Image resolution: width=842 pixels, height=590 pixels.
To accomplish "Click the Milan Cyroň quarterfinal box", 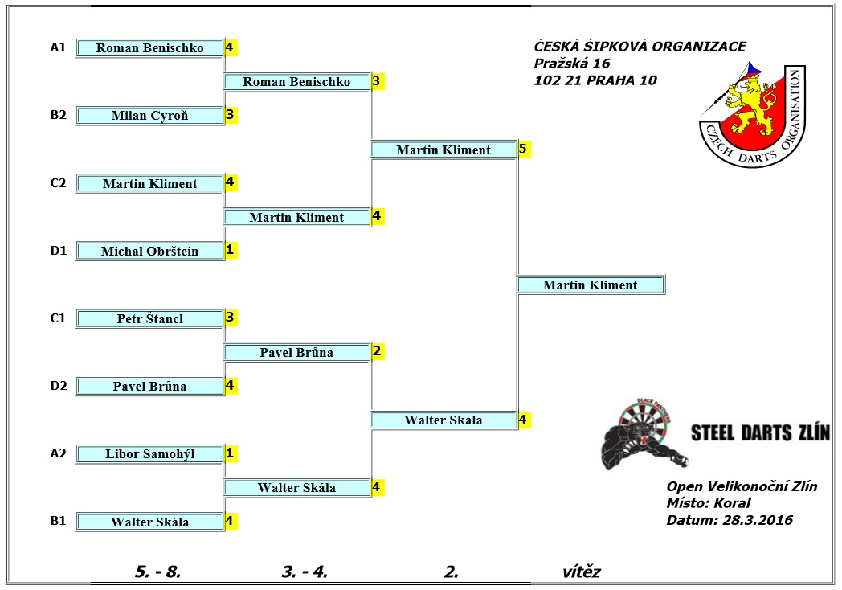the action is click(x=149, y=116).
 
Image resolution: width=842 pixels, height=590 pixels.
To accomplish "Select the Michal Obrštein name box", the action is click(x=149, y=251).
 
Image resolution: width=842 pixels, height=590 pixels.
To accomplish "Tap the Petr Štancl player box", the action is click(x=149, y=318).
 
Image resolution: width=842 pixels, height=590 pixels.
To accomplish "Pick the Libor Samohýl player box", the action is click(x=149, y=454).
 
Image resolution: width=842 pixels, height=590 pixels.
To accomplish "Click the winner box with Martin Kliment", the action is click(x=591, y=285).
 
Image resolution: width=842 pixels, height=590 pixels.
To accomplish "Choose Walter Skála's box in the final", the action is click(x=443, y=420).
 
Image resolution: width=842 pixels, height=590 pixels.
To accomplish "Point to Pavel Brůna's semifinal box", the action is click(x=296, y=353).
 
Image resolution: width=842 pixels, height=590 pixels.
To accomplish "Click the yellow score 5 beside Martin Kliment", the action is click(x=524, y=149).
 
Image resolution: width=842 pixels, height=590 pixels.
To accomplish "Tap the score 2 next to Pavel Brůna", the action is click(x=377, y=351).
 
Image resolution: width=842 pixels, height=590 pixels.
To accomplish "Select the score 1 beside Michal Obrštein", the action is click(x=231, y=250).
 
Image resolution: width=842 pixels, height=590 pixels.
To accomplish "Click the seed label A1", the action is click(x=58, y=47).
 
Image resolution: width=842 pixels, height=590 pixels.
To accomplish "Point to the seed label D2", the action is click(x=59, y=385).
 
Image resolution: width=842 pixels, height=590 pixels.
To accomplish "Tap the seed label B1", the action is click(x=58, y=521).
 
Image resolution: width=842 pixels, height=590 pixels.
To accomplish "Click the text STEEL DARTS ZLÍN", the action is click(x=760, y=432).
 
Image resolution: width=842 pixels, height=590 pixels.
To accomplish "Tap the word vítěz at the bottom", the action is click(x=582, y=572).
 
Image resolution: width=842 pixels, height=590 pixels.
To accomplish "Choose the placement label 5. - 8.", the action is click(x=157, y=572).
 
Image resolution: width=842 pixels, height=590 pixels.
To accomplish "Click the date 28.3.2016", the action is click(x=757, y=520).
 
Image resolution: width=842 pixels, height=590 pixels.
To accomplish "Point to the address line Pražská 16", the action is click(x=572, y=64).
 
